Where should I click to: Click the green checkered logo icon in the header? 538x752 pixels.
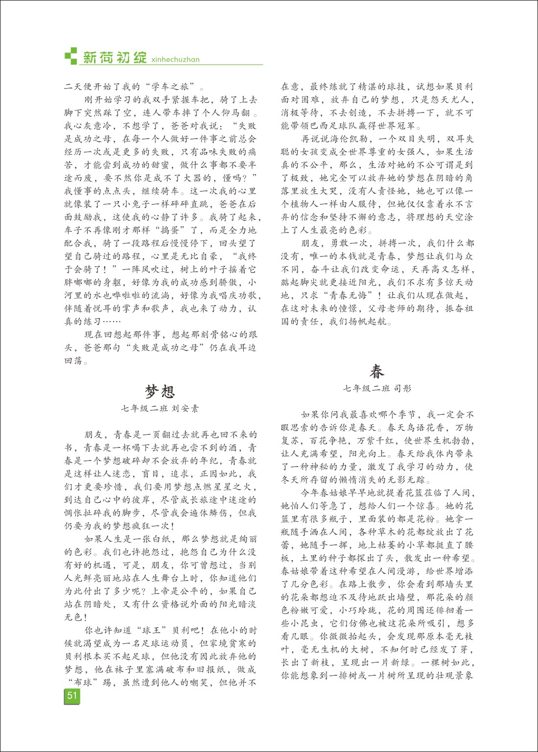point(71,55)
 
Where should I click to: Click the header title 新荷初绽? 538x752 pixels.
point(115,57)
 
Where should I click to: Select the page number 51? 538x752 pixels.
point(72,696)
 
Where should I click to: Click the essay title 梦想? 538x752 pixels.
point(160,391)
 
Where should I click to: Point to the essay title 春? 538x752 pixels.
point(376,372)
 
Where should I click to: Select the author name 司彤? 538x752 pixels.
point(401,388)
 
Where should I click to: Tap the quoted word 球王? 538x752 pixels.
point(146,630)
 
